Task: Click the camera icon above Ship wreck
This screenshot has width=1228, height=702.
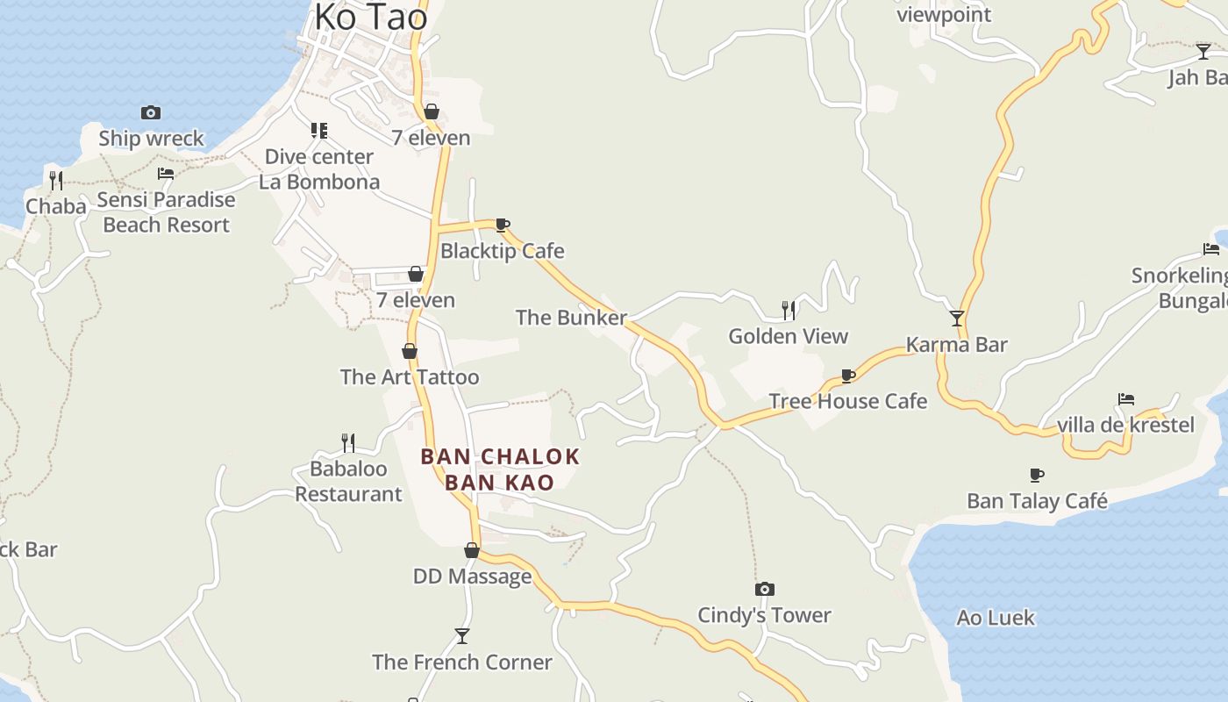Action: (x=151, y=112)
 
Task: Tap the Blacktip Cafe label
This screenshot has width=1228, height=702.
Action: (x=502, y=251)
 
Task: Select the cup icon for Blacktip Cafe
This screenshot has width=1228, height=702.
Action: (x=503, y=226)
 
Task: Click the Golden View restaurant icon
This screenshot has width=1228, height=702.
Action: (x=789, y=310)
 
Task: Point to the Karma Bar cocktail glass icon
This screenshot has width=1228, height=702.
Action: (x=957, y=319)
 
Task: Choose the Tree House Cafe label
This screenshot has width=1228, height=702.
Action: (x=847, y=401)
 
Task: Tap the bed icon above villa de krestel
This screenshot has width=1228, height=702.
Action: (x=1126, y=399)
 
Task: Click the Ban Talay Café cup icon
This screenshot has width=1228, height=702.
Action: (x=1037, y=476)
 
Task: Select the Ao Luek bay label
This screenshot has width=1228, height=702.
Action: (x=996, y=618)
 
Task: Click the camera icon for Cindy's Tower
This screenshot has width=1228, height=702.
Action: (x=765, y=589)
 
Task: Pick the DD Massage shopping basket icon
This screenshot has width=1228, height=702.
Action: (x=472, y=551)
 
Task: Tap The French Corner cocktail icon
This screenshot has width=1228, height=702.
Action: (x=462, y=635)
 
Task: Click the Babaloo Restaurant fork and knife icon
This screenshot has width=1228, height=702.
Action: (x=348, y=442)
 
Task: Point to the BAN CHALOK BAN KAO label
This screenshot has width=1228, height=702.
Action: (x=500, y=469)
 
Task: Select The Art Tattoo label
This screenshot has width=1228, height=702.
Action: (x=410, y=377)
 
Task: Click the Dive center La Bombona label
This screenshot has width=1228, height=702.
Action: (x=319, y=169)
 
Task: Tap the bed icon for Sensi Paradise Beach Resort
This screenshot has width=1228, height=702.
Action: (x=166, y=174)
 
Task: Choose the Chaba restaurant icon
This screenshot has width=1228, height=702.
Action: (x=56, y=181)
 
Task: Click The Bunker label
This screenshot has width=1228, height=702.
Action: (x=571, y=318)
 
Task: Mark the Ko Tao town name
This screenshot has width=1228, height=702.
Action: (x=371, y=16)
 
